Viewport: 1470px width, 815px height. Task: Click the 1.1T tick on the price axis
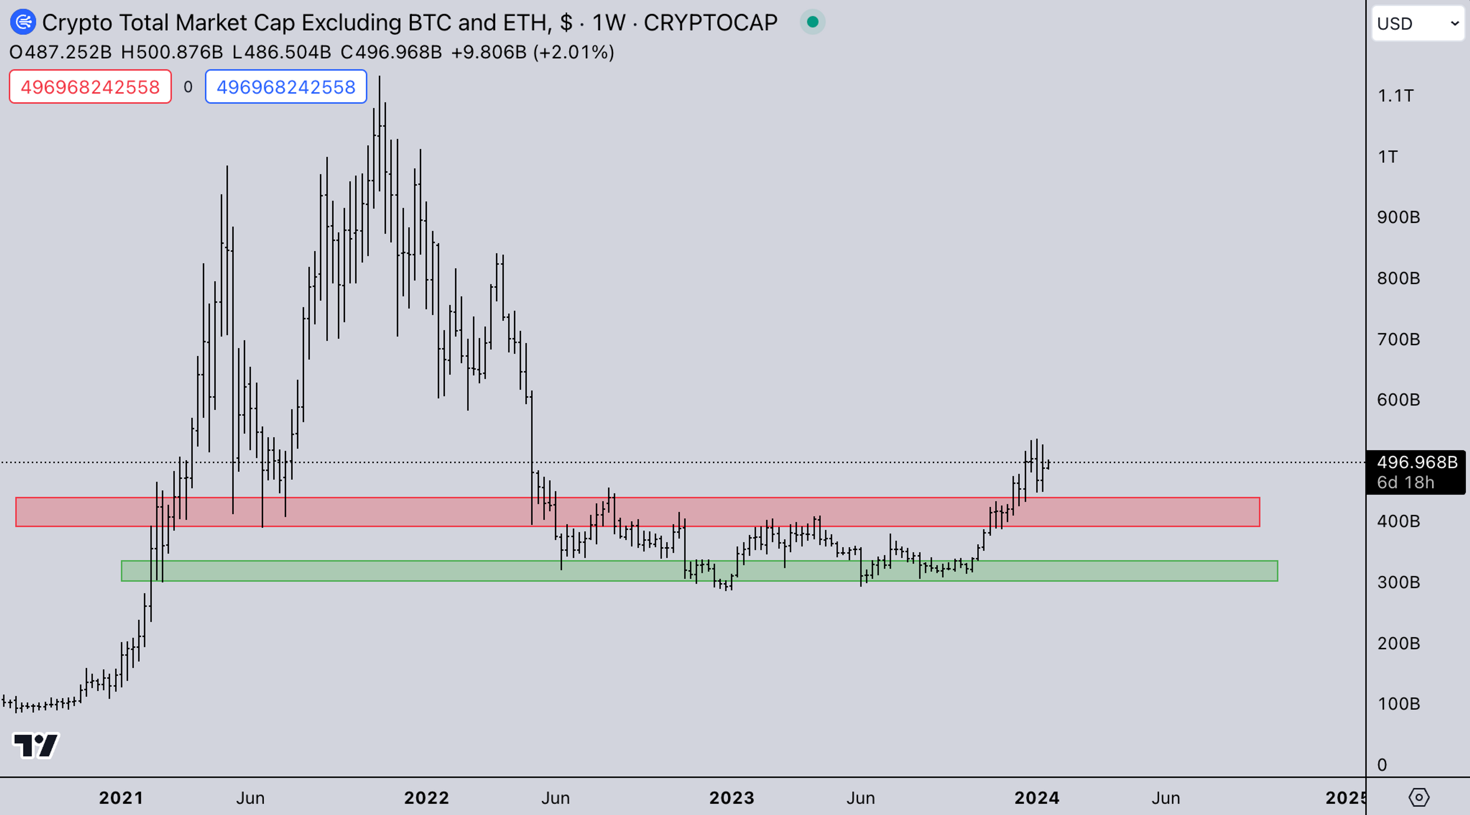point(1395,95)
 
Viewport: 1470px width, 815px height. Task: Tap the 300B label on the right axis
point(1398,582)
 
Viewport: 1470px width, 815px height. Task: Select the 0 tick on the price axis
point(1382,764)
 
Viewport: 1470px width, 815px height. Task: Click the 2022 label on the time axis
point(426,797)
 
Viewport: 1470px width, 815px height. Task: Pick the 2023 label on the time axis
point(732,797)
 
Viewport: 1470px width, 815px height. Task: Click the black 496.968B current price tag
point(1416,462)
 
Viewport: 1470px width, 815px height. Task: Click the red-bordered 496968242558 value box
point(90,87)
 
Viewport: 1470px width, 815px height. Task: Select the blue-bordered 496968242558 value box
point(286,87)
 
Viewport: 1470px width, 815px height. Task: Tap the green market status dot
point(813,22)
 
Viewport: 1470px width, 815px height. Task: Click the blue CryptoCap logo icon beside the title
point(23,22)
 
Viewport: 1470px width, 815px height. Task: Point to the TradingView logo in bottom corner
point(35,745)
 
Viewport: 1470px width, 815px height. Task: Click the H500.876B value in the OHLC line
point(172,52)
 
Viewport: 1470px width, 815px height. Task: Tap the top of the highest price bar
point(379,77)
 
